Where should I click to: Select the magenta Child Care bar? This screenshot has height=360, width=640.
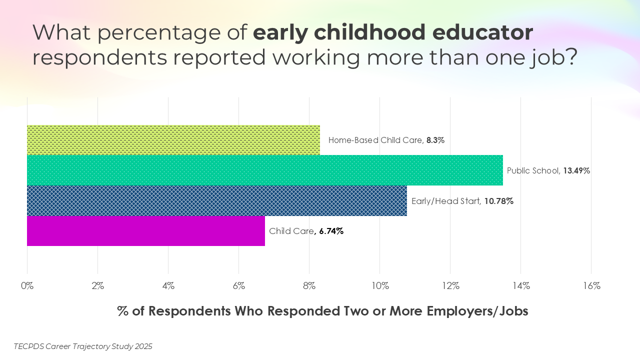[145, 231]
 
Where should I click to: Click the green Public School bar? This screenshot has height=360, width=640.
[264, 170]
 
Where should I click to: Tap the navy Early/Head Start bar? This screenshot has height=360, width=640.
[216, 201]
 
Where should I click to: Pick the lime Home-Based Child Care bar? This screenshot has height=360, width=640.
[173, 140]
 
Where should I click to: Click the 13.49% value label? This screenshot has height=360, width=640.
[576, 170]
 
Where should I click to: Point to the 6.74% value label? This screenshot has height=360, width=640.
[331, 231]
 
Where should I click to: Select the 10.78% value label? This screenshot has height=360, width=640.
[498, 201]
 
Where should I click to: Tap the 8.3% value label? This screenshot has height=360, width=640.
[435, 140]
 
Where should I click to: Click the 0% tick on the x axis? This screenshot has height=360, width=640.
[27, 286]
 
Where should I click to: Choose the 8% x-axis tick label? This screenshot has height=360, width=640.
[309, 286]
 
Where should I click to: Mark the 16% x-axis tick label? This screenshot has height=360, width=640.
[591, 286]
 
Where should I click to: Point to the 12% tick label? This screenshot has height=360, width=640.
[450, 286]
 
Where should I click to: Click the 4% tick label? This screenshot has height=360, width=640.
[168, 286]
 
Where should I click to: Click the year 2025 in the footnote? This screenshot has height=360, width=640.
[143, 346]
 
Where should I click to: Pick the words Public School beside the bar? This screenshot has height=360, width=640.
[533, 170]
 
